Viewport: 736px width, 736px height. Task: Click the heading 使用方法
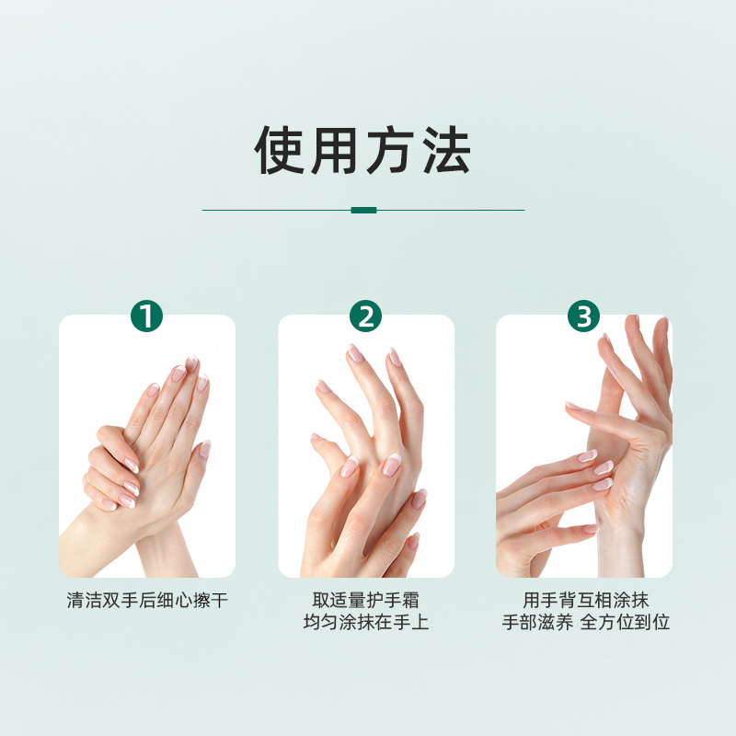pos(362,150)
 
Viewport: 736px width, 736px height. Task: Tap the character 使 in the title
pos(280,150)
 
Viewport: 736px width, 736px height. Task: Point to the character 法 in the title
pos(446,150)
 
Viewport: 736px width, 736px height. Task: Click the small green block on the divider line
pos(363,210)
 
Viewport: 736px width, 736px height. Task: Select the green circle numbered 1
pos(146,316)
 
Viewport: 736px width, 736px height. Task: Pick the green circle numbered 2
pos(365,316)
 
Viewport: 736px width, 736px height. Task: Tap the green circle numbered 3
pos(583,316)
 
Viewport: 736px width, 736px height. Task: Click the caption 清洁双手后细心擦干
pos(147,601)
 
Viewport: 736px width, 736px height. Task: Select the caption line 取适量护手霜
pos(365,601)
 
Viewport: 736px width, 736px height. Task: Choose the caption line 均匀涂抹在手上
pos(366,623)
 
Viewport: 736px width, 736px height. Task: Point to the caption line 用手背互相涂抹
pos(586,601)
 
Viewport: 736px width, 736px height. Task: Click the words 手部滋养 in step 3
pos(537,623)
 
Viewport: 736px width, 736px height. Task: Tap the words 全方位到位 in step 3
pos(625,623)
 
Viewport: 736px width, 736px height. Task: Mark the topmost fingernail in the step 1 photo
pos(192,363)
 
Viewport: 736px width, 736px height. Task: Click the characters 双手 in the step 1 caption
pos(111,601)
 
